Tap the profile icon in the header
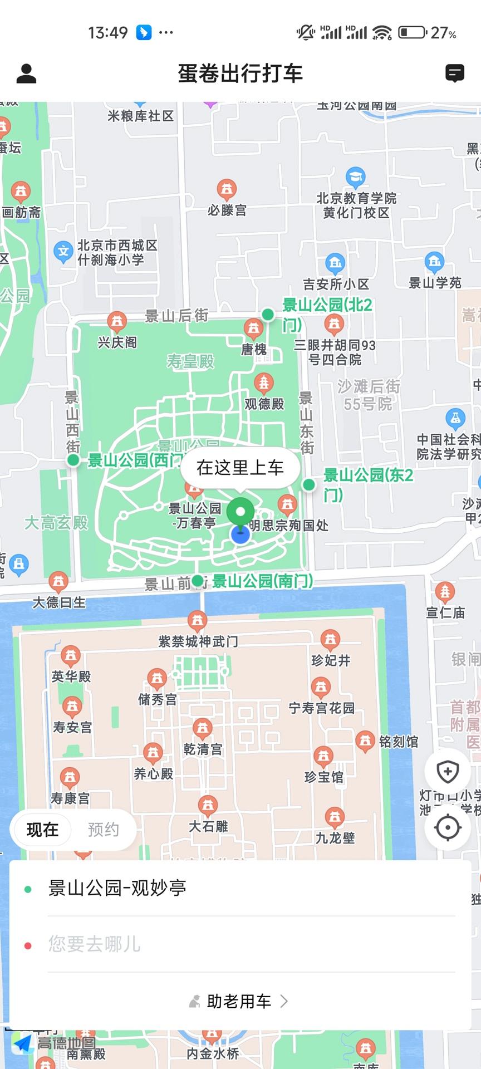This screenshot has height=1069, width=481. point(26,73)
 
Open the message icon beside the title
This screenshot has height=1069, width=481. point(454,73)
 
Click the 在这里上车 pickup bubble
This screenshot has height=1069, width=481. point(240,468)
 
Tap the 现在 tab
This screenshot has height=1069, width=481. point(42,830)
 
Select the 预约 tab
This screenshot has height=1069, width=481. point(104,830)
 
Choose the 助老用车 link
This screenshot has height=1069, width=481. point(239,1002)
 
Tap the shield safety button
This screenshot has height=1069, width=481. point(448,772)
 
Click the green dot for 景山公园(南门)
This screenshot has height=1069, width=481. point(198,581)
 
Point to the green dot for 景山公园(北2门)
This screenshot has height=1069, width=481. point(268,315)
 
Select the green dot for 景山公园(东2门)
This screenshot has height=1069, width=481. point(309,484)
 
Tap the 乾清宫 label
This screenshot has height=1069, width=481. point(203,749)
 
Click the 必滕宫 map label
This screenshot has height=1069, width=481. point(227,210)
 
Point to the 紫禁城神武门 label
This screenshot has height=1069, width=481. point(198,641)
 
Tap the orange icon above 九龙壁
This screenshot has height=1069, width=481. point(335,817)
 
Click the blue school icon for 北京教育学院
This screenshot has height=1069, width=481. point(356,178)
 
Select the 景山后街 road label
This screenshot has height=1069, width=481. point(176,316)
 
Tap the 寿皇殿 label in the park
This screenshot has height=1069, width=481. point(190,362)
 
